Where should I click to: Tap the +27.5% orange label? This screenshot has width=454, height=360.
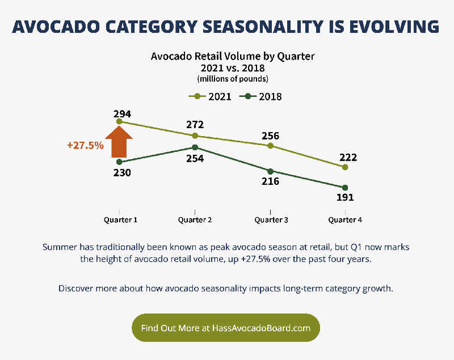coord(85,145)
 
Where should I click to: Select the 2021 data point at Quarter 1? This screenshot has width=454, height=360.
coord(119,121)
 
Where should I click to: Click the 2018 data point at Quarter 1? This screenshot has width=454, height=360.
coord(119,162)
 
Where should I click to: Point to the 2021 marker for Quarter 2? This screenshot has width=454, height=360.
coord(195,135)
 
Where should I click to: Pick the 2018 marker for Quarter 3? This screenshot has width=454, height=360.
coord(270,171)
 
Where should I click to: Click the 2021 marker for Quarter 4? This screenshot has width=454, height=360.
coord(345,167)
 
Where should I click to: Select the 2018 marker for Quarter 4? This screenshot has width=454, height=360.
coord(345,188)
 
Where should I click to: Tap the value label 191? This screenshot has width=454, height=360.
coord(345,198)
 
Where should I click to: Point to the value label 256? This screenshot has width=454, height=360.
coord(270,136)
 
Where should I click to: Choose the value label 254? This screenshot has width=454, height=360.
coord(195,158)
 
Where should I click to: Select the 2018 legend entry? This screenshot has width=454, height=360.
coord(260,96)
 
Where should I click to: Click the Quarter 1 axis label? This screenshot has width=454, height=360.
coord(120,219)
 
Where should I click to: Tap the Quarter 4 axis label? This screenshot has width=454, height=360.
coord(346,219)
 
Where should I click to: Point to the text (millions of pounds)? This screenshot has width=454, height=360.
coord(232,79)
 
